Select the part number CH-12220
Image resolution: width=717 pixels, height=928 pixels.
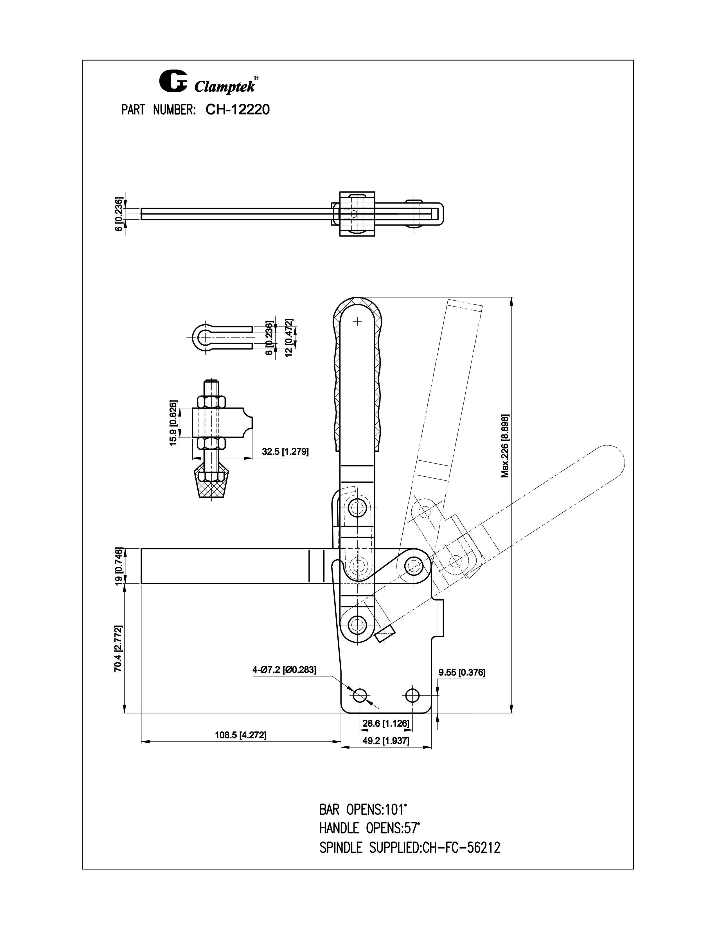point(237,110)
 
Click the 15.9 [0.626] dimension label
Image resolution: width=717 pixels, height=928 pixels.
point(173,423)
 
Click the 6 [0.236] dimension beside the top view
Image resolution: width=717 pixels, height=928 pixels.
point(119,214)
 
